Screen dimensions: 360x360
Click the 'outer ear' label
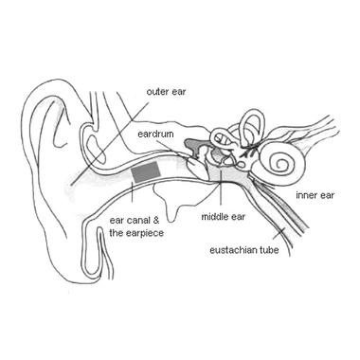click(166, 92)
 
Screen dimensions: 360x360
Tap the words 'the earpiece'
click(135, 231)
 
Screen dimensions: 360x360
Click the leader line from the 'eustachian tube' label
click(277, 230)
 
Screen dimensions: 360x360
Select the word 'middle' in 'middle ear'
click(213, 217)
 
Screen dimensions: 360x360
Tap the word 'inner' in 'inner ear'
click(305, 195)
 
